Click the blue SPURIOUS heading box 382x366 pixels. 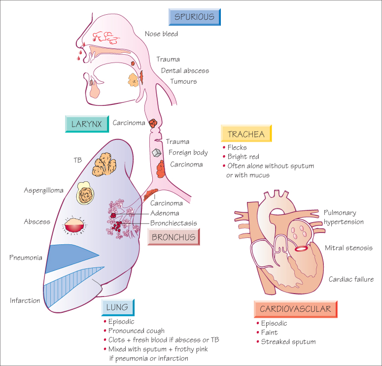tap(194, 16)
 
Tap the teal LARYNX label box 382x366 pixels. tap(87, 124)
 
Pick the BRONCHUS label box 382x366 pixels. tap(174, 237)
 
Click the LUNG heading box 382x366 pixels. tap(118, 308)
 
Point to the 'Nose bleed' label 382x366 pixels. tap(161, 34)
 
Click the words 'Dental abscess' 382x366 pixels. tap(185, 70)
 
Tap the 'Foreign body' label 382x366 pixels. tap(188, 152)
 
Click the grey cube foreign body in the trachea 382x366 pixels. tap(157, 153)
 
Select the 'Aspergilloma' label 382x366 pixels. tap(45, 190)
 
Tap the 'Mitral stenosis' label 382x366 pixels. tap(348, 248)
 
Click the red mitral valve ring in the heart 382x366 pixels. tap(301, 248)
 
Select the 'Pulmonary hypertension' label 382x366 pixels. tap(344, 217)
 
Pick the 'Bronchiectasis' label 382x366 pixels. tap(174, 223)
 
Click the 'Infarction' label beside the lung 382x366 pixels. tap(25, 300)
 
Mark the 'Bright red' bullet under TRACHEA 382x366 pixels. tap(243, 157)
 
